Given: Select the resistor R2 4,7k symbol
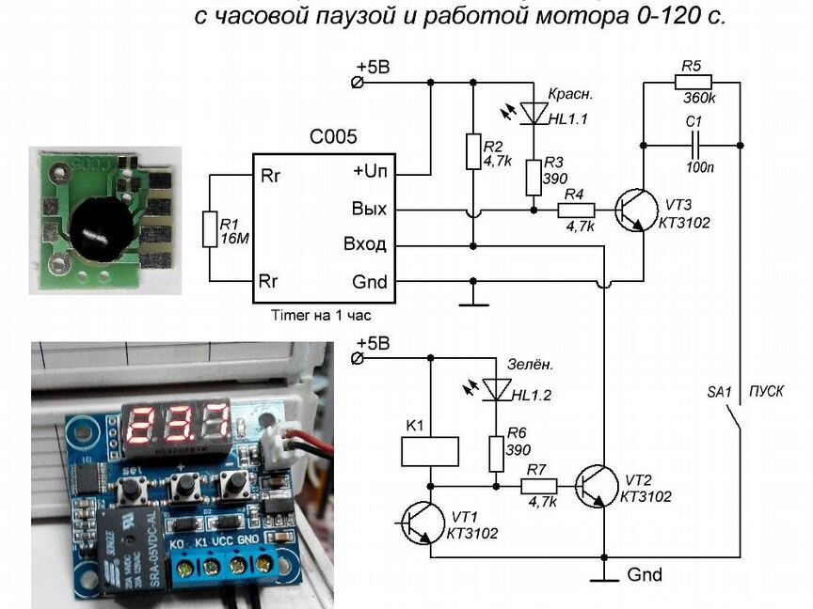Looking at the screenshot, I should [473, 151].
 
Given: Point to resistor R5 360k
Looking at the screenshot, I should [692, 82].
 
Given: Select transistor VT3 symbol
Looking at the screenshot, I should [632, 211].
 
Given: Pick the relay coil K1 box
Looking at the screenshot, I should [430, 451].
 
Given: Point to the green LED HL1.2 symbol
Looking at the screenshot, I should [495, 387].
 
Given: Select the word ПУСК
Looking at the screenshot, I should [766, 391].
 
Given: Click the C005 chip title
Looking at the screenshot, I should [333, 137].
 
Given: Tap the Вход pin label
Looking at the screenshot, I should [365, 245].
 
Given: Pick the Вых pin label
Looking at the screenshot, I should [369, 210].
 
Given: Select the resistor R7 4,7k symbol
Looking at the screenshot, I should [539, 487].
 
